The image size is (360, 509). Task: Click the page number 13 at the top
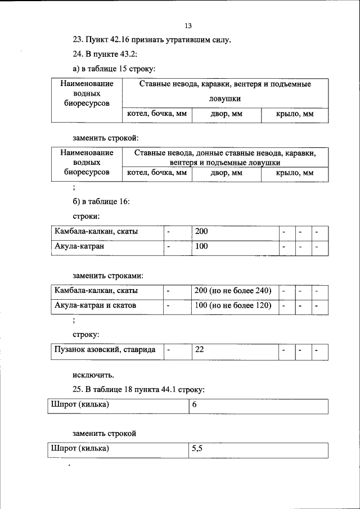[x=188, y=26]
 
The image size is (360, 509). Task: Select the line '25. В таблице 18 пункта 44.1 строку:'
[x=138, y=389]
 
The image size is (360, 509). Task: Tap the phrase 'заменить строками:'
[x=107, y=276]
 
